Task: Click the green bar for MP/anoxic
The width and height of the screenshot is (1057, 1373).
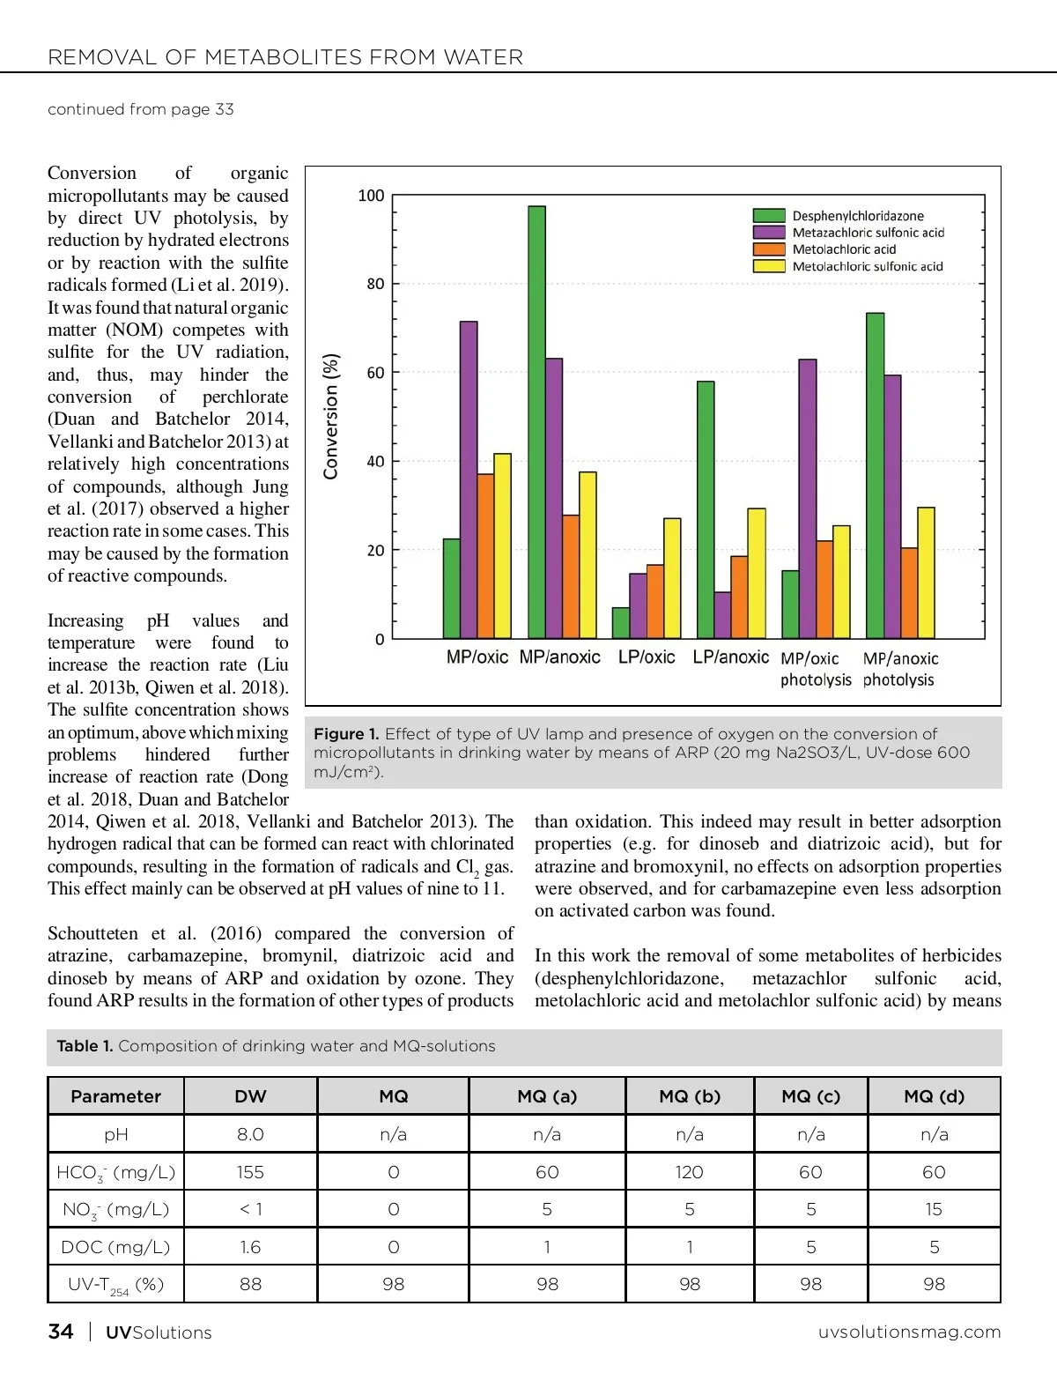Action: click(x=536, y=422)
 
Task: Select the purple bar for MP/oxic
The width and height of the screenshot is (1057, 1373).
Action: click(x=469, y=480)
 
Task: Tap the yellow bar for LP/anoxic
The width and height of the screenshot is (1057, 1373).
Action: click(x=757, y=574)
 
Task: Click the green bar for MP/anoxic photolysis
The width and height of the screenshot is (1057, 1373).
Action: click(x=875, y=476)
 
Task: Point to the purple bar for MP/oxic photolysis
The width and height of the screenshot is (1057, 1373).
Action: click(x=808, y=499)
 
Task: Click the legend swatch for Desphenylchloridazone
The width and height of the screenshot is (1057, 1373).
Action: click(x=769, y=216)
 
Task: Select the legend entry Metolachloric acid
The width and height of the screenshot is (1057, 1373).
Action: click(x=844, y=249)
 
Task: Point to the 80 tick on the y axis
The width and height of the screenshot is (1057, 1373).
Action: click(x=376, y=284)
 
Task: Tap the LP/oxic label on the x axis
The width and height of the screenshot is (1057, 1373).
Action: click(x=647, y=657)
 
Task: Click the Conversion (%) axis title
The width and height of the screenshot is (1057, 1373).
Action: click(x=331, y=416)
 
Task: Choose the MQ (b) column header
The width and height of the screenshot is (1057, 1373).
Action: click(x=690, y=1096)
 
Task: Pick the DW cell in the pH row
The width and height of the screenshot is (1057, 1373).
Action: click(x=250, y=1134)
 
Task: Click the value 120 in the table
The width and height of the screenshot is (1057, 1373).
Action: click(x=690, y=1172)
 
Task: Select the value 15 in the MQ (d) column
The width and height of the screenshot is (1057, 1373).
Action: click(x=934, y=1209)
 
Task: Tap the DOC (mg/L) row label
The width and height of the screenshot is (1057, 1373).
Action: click(x=115, y=1247)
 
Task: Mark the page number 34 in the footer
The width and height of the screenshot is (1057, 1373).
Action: click(x=61, y=1332)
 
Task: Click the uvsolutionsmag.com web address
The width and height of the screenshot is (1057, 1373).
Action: click(x=909, y=1332)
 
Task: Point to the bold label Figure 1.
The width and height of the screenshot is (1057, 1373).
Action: click(x=346, y=734)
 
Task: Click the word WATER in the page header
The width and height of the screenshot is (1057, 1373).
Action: click(x=484, y=58)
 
